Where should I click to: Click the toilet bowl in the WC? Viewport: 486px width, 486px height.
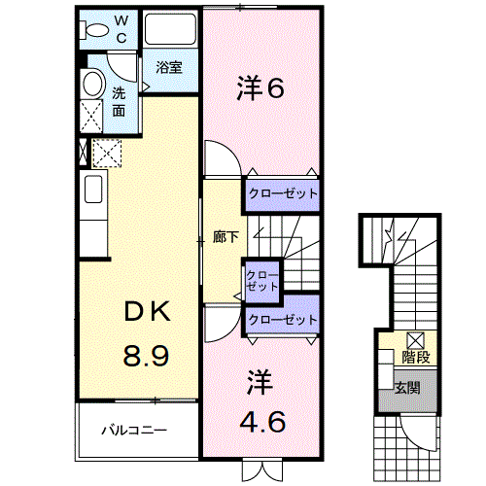click(x=96, y=30)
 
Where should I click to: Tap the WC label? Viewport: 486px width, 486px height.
click(x=121, y=29)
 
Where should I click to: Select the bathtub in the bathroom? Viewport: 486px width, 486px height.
click(x=170, y=29)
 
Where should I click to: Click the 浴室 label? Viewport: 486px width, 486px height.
click(x=169, y=67)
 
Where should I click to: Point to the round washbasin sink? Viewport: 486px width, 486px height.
click(x=94, y=84)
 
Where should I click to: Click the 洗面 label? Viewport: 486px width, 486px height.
click(x=119, y=102)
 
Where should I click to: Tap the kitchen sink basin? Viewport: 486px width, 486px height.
click(x=93, y=190)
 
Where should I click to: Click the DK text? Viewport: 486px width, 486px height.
click(x=148, y=312)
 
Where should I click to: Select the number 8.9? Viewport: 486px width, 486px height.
click(x=146, y=356)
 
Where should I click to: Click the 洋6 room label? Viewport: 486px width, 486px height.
click(x=260, y=87)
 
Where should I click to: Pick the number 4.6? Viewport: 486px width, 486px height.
click(x=262, y=422)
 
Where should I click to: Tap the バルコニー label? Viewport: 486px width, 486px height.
click(x=134, y=431)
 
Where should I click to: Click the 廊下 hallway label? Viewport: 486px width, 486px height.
click(x=226, y=237)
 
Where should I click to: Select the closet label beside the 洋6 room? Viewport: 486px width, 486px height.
click(x=283, y=193)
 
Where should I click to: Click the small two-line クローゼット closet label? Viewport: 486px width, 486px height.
click(x=262, y=281)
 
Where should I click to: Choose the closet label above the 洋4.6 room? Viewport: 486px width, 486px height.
click(x=283, y=320)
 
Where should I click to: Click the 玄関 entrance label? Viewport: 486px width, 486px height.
click(x=407, y=388)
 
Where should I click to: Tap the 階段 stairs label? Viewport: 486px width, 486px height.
click(x=416, y=357)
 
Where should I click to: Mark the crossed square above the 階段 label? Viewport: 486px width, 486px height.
click(x=416, y=340)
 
